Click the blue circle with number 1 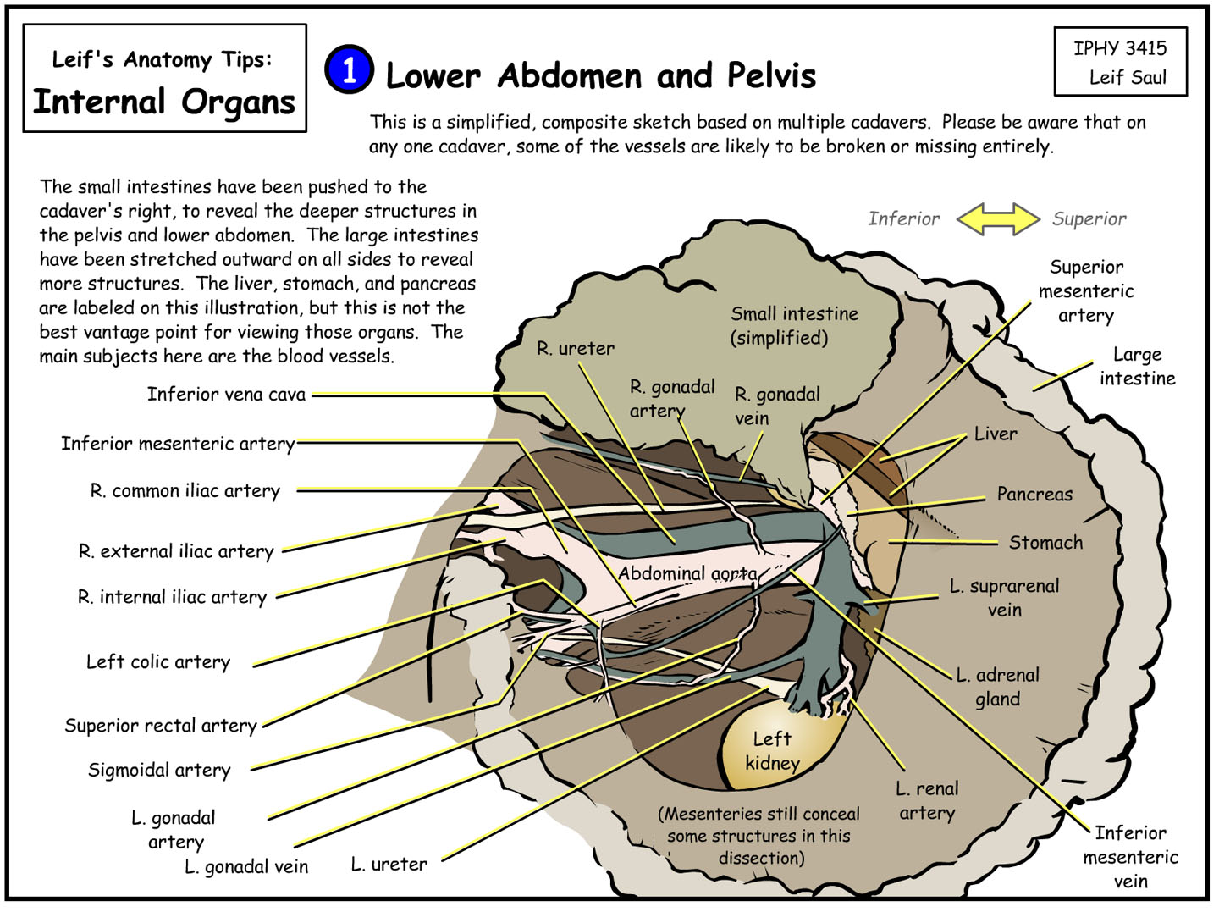pyautogui.click(x=349, y=69)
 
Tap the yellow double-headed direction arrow pyautogui.click(x=997, y=219)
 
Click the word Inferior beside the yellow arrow pyautogui.click(x=903, y=219)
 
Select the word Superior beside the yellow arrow pyautogui.click(x=1089, y=219)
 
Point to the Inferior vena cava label pyautogui.click(x=226, y=395)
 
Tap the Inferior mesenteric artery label pyautogui.click(x=178, y=444)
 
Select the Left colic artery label pyautogui.click(x=158, y=662)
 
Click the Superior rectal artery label pyautogui.click(x=161, y=726)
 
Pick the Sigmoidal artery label pyautogui.click(x=159, y=771)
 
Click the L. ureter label pyautogui.click(x=389, y=865)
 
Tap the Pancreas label pyautogui.click(x=1034, y=495)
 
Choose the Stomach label pyautogui.click(x=1045, y=543)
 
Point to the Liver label pyautogui.click(x=996, y=434)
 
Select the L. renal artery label pyautogui.click(x=927, y=801)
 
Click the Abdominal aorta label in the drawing pyautogui.click(x=687, y=573)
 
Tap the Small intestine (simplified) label pyautogui.click(x=794, y=326)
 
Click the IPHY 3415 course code pyautogui.click(x=1120, y=48)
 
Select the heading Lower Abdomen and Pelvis pyautogui.click(x=600, y=76)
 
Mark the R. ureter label pyautogui.click(x=576, y=348)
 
